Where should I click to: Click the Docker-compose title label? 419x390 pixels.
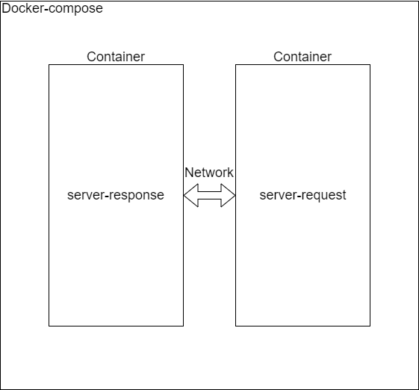52,9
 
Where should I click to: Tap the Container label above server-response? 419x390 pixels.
116,57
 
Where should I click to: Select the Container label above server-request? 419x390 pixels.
302,57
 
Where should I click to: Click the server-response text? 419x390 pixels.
116,196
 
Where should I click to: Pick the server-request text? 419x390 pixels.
302,196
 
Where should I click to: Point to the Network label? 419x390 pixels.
209,173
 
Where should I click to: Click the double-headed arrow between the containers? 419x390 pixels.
209,196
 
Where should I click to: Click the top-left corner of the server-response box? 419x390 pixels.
49,65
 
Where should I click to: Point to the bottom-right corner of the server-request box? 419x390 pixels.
370,326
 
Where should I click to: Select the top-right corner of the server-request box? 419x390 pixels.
370,65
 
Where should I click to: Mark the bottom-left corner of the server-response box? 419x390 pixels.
49,326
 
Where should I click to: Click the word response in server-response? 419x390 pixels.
138,196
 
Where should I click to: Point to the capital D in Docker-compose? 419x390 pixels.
7,9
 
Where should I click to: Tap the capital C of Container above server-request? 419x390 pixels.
278,57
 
